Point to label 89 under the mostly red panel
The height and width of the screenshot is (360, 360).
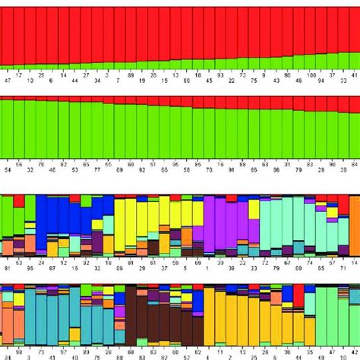(x=131, y=74)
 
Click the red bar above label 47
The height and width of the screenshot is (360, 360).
(x=6, y=34)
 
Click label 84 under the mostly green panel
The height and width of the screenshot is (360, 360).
(x=355, y=163)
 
